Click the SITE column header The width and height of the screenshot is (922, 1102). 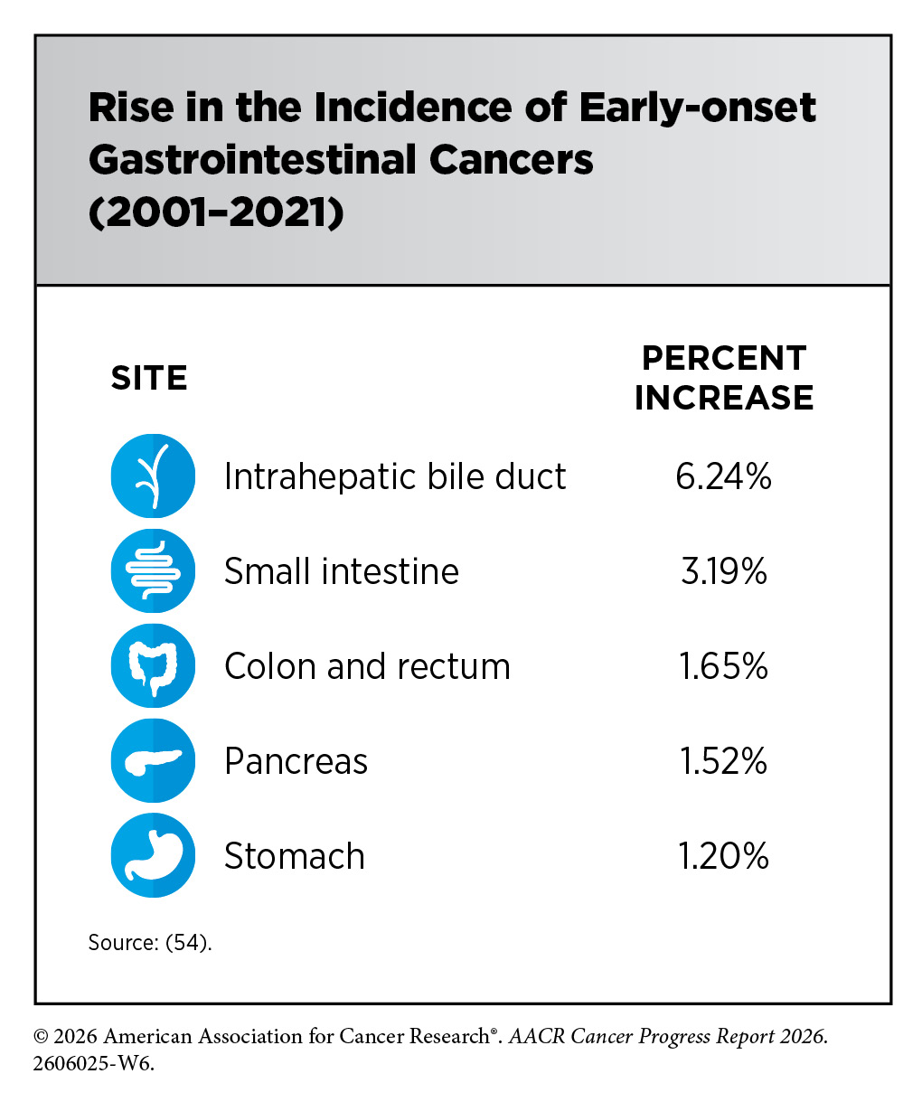(x=149, y=378)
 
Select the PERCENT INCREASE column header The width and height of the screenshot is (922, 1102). (x=723, y=378)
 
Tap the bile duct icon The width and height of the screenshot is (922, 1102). (x=153, y=476)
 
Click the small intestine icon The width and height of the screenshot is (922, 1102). (x=153, y=571)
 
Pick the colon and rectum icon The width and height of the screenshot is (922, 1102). (x=153, y=665)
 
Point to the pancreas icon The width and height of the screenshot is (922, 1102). (x=153, y=760)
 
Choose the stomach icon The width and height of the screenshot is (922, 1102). (x=153, y=855)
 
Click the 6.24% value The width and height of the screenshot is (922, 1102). (x=723, y=476)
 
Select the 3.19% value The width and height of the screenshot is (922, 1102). (x=723, y=571)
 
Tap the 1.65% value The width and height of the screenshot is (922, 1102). (x=723, y=666)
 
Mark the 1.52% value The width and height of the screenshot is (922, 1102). (x=723, y=761)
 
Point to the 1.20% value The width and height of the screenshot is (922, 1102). (x=723, y=855)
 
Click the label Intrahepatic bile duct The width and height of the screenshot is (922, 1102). (x=395, y=476)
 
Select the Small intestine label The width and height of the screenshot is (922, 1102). (x=342, y=571)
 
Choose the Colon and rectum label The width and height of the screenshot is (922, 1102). (x=367, y=666)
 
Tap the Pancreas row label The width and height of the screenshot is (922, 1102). (x=296, y=761)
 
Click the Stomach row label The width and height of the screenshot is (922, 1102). (x=295, y=855)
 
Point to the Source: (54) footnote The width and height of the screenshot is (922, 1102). (x=150, y=943)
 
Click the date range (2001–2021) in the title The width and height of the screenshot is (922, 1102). (x=216, y=213)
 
